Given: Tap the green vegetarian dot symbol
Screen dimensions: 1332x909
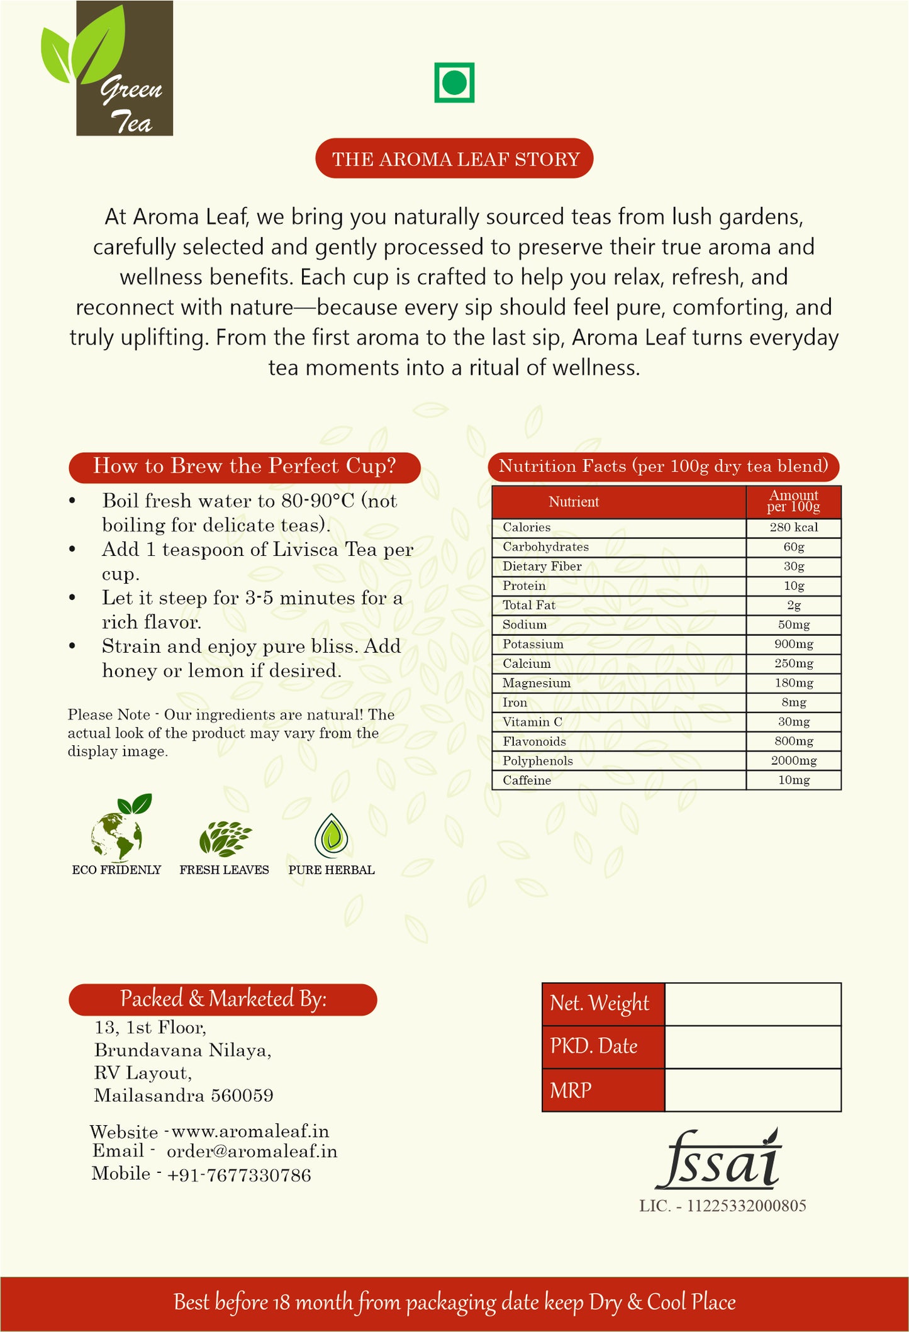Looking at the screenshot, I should [454, 82].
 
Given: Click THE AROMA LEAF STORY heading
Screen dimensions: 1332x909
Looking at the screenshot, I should [454, 159].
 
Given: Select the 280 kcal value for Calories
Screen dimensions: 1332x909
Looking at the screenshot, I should [793, 528].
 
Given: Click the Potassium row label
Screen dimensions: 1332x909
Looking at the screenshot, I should [533, 645].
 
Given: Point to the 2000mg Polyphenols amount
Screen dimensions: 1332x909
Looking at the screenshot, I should [793, 761].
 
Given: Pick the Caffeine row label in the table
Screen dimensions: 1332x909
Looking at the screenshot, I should [527, 780].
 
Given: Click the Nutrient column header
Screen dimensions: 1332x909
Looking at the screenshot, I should [573, 502].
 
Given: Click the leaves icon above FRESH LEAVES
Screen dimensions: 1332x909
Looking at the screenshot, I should [225, 839].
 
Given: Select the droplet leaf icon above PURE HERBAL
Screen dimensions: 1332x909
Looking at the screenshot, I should [332, 836].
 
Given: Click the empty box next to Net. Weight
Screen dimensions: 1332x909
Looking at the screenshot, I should [752, 1004].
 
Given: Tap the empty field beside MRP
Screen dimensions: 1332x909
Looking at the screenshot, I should [752, 1091].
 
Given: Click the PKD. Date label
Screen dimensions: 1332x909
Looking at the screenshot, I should [594, 1046].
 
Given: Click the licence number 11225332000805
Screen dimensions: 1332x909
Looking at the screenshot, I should [746, 1206].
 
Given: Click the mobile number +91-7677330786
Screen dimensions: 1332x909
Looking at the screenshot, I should [239, 1175].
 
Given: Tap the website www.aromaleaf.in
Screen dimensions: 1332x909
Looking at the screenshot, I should [250, 1131].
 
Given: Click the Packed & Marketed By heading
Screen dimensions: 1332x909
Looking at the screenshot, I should [223, 999].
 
